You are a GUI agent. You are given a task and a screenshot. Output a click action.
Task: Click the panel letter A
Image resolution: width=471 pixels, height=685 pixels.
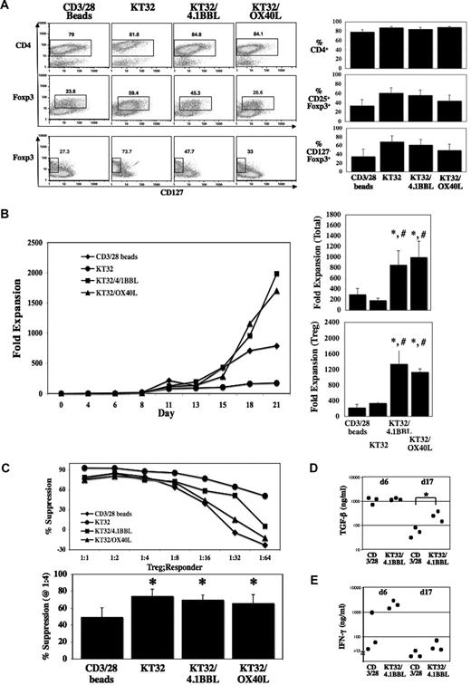[7, 6]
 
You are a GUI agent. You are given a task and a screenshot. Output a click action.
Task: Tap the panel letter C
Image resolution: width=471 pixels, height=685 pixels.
[7, 469]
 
